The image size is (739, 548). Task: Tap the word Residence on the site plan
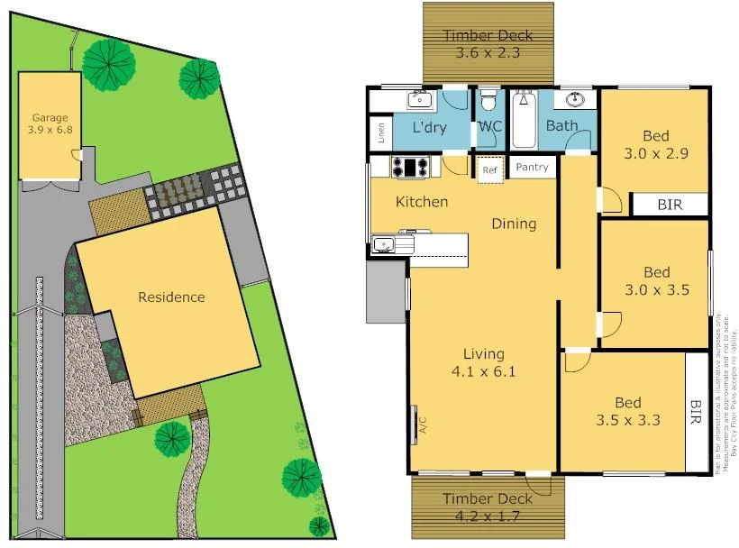pos(171,297)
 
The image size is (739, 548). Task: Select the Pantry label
pos(532,168)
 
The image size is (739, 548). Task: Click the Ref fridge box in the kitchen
pos(489,169)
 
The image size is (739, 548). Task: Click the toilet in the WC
pos(488,98)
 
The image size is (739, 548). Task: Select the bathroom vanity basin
pos(574,99)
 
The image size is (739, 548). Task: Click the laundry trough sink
pos(420,99)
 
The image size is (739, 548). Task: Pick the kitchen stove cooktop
pos(411,167)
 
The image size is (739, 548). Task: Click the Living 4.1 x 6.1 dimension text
pos(484,370)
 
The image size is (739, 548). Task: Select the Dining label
pos(514,224)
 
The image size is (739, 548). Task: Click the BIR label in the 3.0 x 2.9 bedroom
pos(669,205)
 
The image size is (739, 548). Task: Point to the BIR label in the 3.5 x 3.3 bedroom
pos(696,412)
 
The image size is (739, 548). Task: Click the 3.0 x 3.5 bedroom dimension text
pos(656,290)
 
